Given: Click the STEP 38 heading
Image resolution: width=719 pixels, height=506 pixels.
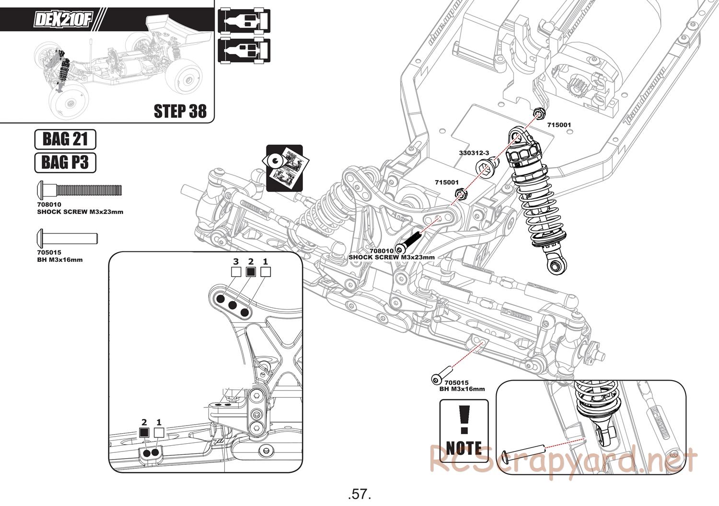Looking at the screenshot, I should click(x=180, y=111).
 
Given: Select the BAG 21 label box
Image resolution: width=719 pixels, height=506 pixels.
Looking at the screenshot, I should click(x=65, y=139).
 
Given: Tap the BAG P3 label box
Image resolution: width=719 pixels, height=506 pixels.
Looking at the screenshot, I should click(x=65, y=162).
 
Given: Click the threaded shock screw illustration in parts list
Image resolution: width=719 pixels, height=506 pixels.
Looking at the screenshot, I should click(x=80, y=190).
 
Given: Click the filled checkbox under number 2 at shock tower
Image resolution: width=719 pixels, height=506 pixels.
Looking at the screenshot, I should click(x=250, y=272).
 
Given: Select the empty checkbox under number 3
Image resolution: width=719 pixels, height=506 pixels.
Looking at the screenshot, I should click(x=236, y=272).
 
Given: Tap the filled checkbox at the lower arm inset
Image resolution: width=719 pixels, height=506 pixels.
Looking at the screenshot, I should click(x=144, y=433).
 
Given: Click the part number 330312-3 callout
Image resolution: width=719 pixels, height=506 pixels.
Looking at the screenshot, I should click(x=474, y=153).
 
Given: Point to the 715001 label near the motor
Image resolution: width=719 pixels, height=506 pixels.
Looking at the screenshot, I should click(x=559, y=124).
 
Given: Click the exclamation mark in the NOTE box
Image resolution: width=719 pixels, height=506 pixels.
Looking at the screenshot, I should click(x=463, y=420).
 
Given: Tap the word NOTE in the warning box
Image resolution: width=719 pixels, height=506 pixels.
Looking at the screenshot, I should click(x=464, y=448).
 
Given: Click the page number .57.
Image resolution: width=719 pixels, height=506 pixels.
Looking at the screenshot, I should click(x=360, y=494).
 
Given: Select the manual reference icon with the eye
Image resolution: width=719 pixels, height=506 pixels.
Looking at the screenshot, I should click(x=284, y=168).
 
